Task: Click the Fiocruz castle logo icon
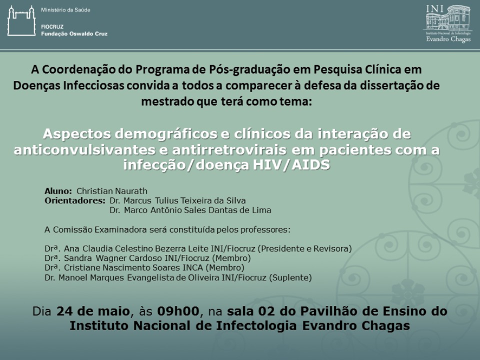[x=22, y=21]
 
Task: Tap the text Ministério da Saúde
[x=66, y=10]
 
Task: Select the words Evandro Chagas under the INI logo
[x=448, y=39]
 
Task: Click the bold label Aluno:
[x=58, y=191]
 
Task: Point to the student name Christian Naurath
[x=112, y=191]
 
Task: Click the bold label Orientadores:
[x=75, y=201]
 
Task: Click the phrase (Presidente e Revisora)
[x=304, y=248]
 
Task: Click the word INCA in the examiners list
[x=193, y=268]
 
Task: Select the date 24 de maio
[x=93, y=311]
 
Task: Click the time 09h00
[x=178, y=311]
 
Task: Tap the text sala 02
[x=248, y=311]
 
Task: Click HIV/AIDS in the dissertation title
[x=291, y=165]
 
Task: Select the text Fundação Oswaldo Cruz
[x=74, y=34]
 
